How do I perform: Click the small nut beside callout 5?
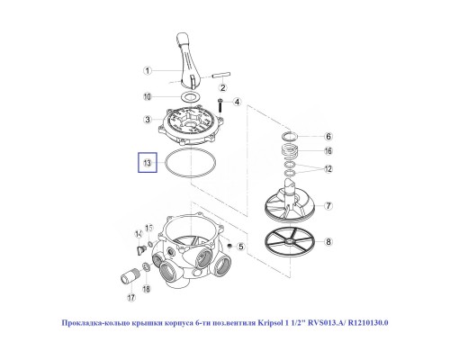pyautogui.click(x=231, y=245)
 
